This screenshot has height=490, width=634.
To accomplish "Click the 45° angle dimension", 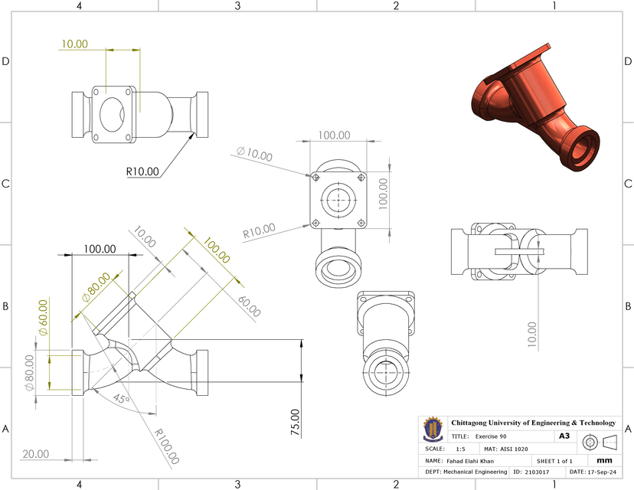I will pos(119,399).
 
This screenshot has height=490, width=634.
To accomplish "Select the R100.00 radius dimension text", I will pos(167,448).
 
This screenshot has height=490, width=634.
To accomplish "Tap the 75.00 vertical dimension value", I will pos(296,422).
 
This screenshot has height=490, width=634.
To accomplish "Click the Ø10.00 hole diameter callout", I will pos(254,154).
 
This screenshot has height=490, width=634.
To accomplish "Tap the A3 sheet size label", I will pos(564,436).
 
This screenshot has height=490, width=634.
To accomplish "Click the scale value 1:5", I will pos(460,449).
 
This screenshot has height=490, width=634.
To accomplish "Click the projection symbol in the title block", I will pos(600,442).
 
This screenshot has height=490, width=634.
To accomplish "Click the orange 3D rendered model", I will pos(536,107).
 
